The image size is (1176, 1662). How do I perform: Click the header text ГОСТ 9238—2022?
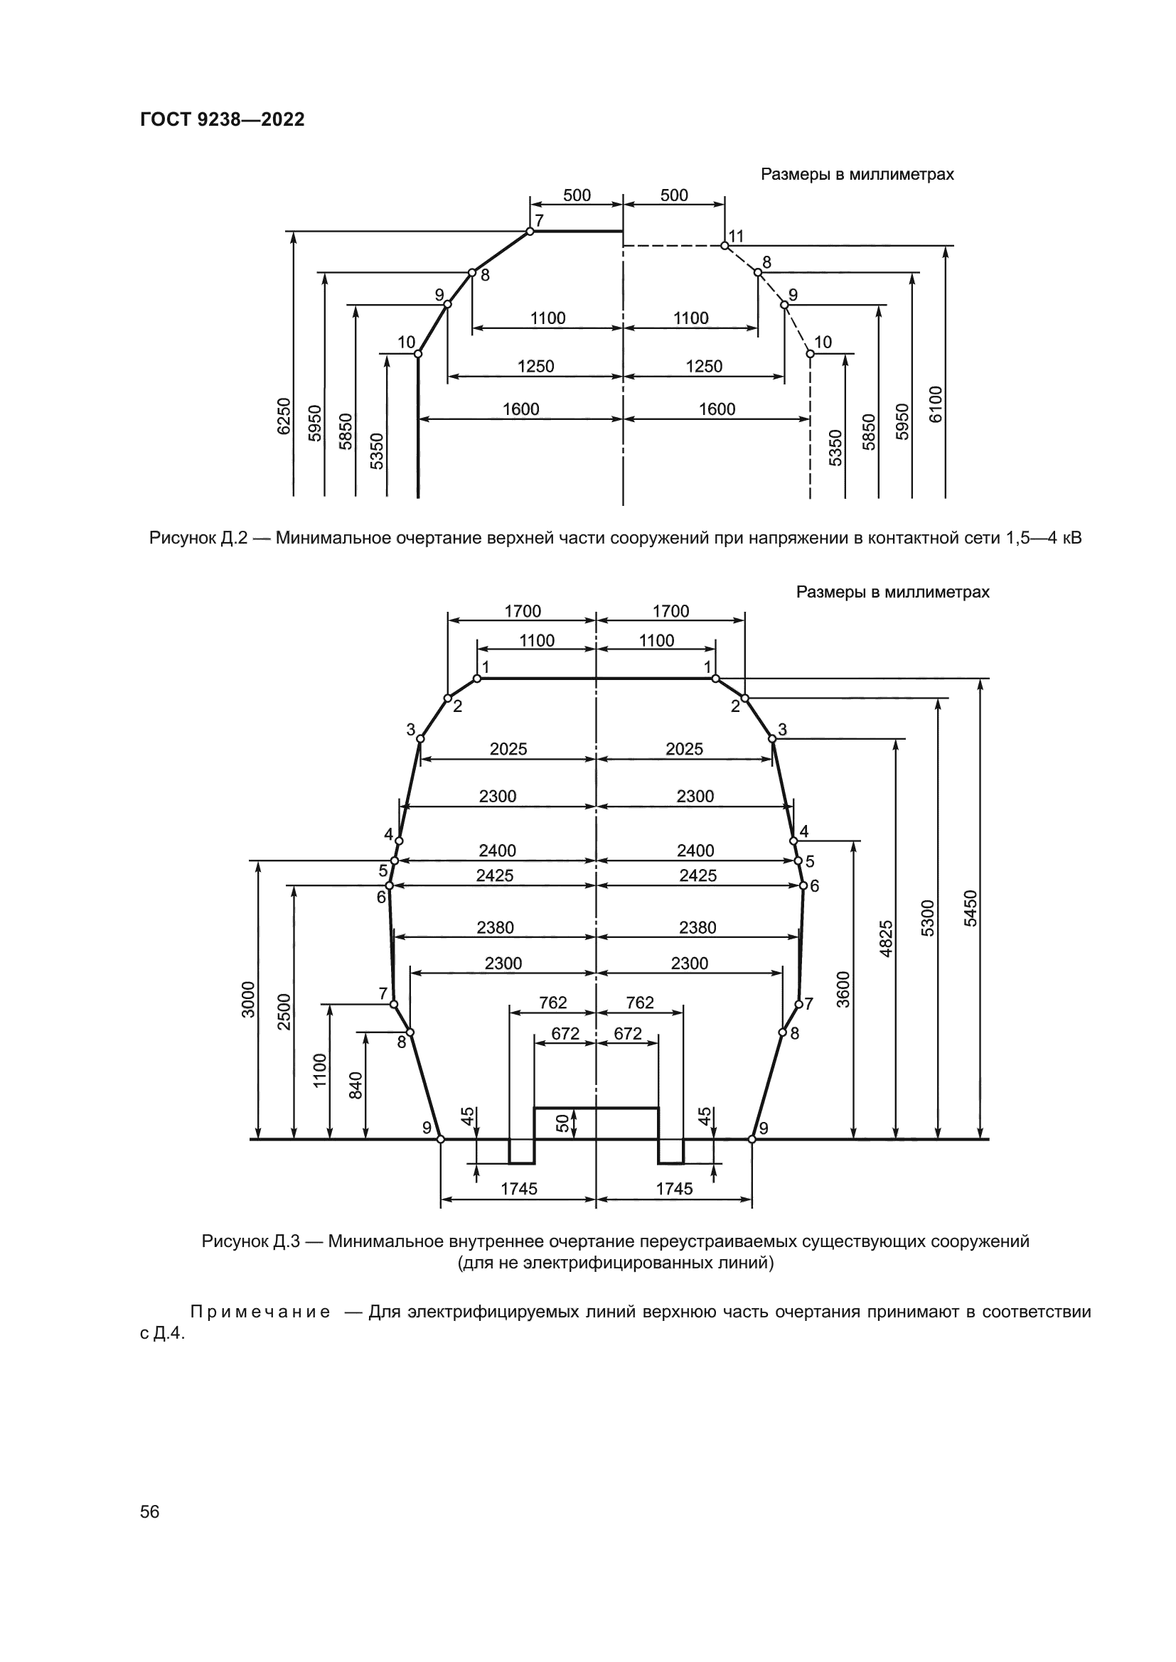(223, 120)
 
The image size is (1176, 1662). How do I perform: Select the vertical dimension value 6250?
(284, 416)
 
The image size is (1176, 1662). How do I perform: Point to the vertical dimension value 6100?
(936, 404)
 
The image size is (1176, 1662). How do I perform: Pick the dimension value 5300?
(928, 918)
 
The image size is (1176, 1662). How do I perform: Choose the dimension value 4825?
(887, 939)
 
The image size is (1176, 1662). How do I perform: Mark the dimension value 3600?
(843, 989)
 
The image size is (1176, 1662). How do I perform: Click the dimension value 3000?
(248, 1000)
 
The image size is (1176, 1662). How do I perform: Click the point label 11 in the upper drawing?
(737, 236)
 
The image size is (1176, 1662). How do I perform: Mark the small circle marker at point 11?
(724, 245)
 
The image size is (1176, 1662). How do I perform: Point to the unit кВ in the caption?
(1070, 539)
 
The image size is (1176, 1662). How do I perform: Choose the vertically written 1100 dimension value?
(320, 1071)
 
